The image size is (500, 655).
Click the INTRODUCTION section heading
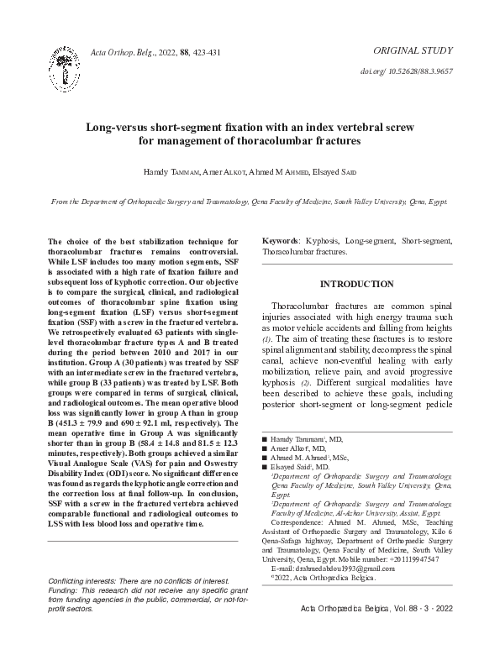click(357, 284)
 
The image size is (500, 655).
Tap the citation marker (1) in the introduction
click(268, 338)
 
